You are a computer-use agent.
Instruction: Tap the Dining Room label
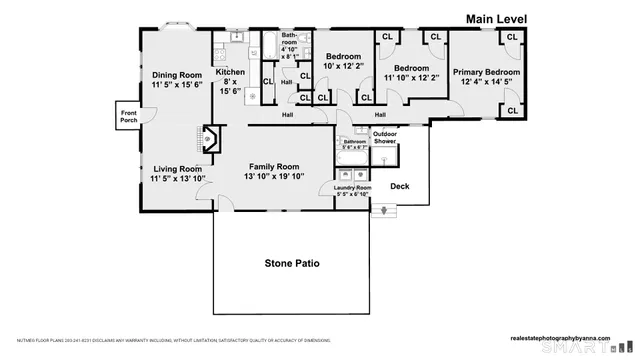(x=177, y=74)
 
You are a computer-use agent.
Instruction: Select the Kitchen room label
(x=230, y=72)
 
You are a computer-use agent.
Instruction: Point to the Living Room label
(x=176, y=169)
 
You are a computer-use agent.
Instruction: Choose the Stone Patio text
(x=292, y=263)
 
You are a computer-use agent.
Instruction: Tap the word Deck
(x=400, y=186)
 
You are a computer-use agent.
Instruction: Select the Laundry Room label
(x=352, y=188)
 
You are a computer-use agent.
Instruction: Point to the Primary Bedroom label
(x=486, y=72)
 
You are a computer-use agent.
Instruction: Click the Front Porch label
(x=128, y=116)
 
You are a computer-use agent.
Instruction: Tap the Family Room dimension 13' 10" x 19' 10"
(x=274, y=177)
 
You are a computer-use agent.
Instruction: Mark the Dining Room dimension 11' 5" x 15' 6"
(x=177, y=85)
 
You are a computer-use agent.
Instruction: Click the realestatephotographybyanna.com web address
(x=567, y=338)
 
